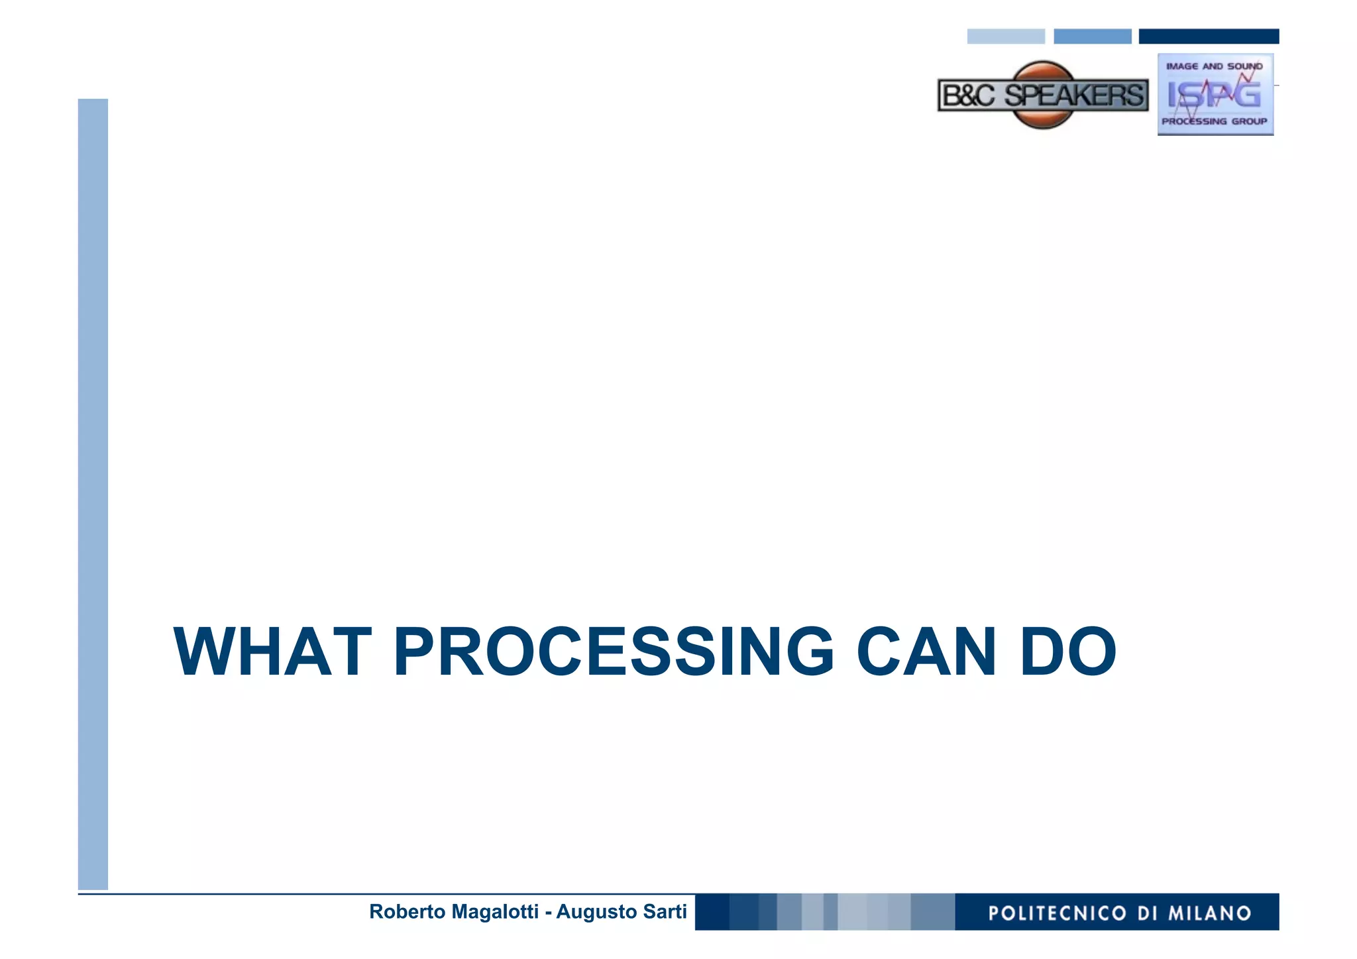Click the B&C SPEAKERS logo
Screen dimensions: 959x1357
(x=1043, y=95)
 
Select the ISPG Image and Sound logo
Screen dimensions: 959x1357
(x=1215, y=94)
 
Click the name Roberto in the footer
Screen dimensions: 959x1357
(x=407, y=912)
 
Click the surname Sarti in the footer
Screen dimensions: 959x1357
(x=665, y=912)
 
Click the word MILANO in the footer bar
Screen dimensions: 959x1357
(x=1209, y=913)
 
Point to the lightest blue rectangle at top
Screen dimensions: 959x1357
(x=1006, y=36)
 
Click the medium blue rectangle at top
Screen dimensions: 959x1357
(x=1092, y=36)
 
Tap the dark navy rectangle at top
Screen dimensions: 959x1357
(x=1209, y=36)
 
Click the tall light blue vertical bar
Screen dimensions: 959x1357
(x=93, y=494)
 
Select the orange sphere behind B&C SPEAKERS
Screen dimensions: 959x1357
(x=1044, y=70)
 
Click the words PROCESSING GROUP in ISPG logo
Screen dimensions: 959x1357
(x=1215, y=122)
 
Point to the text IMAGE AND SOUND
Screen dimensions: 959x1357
(x=1215, y=66)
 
